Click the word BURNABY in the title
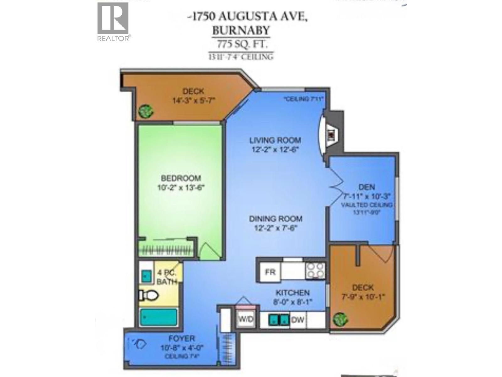click(x=241, y=30)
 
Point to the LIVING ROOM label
click(x=275, y=140)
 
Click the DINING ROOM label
click(x=276, y=219)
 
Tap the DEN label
click(x=366, y=187)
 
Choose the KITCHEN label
click(x=292, y=293)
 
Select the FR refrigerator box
click(x=270, y=272)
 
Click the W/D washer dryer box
click(x=246, y=320)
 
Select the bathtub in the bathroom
click(x=158, y=317)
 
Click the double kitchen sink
click(x=279, y=320)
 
